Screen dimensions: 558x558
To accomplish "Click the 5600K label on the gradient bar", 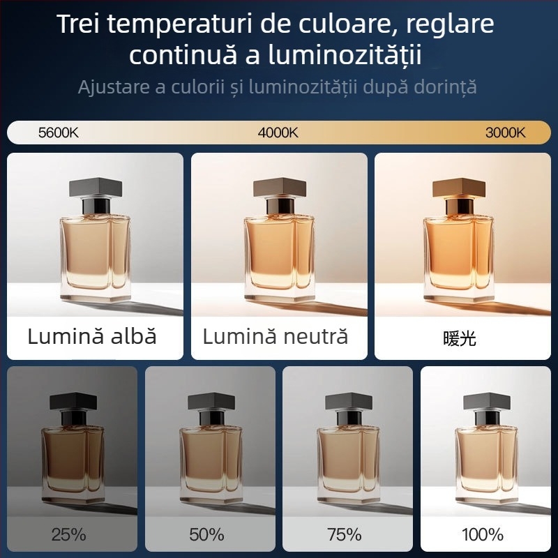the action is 59,133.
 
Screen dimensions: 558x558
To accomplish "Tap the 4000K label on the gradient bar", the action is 278,133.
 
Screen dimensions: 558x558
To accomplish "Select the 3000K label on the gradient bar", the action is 505,133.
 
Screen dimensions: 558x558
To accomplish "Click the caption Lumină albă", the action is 92,336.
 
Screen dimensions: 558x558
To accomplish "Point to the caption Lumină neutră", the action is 276,336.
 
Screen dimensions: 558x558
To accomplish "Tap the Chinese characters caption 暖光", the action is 460,338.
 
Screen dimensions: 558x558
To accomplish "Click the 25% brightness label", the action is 68,534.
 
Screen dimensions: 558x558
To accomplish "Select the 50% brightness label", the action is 206,534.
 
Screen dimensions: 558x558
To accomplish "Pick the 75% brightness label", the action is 345,534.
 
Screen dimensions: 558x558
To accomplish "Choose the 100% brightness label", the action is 483,534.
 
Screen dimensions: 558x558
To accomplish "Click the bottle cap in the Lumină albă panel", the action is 96,188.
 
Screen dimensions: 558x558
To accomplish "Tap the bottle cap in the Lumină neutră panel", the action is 280,188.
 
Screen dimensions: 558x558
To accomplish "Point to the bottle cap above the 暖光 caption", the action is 459,188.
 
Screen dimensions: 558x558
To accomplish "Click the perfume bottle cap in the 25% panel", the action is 73,401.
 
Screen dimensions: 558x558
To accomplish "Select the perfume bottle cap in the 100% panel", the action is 487,401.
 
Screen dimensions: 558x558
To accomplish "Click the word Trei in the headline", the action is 78,24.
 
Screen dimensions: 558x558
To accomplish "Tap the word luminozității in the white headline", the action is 333,55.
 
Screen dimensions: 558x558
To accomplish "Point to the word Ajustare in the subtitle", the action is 114,87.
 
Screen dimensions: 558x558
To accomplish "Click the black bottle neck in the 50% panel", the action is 211,418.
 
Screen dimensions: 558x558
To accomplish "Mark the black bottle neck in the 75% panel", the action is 349,418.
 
